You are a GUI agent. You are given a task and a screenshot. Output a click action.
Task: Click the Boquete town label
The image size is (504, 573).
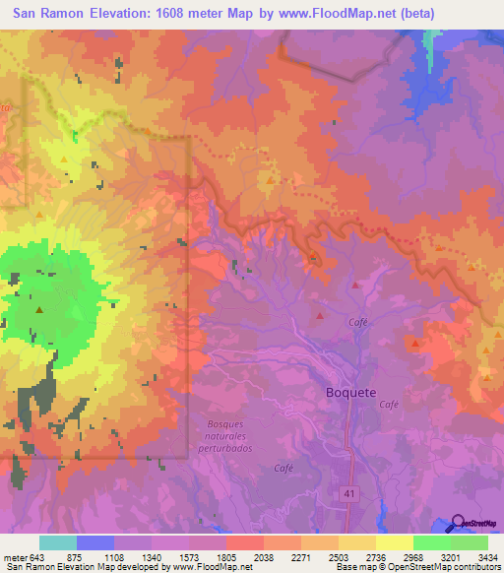click(350, 392)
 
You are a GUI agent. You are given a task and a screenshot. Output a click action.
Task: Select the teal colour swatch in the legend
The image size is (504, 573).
click(58, 542)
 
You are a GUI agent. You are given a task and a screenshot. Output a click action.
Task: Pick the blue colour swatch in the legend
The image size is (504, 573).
click(95, 542)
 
